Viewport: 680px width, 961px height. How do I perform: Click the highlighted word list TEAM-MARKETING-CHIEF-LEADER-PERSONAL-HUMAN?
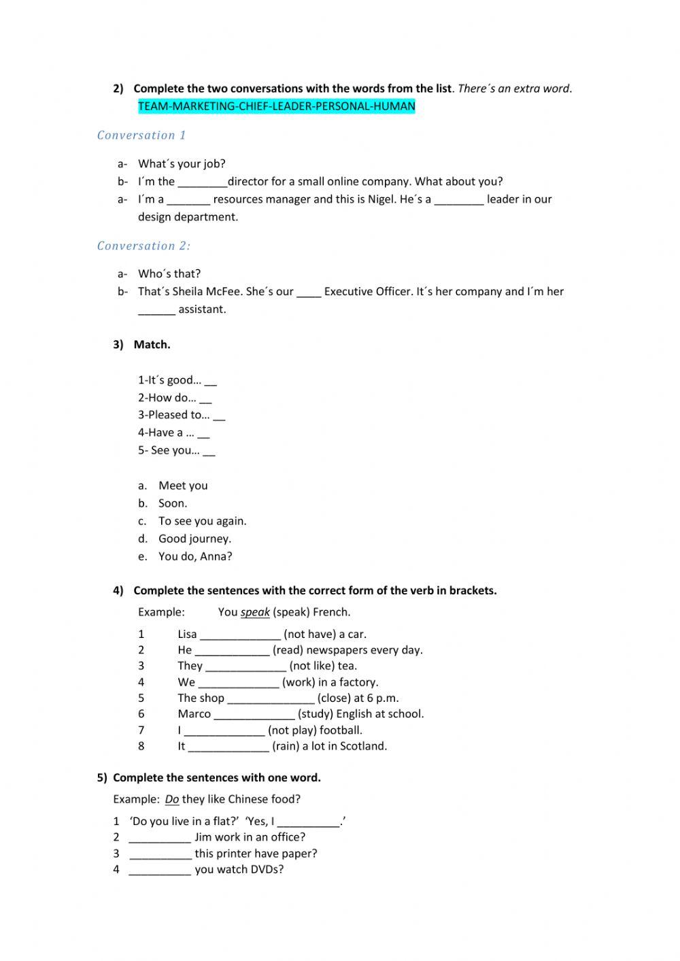276,106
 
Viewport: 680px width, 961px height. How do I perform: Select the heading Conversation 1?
141,135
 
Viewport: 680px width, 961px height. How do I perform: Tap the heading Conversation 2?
143,246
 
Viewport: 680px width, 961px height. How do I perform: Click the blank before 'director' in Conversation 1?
202,182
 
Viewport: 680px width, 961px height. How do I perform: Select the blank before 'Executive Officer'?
309,292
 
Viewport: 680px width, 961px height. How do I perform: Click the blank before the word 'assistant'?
156,309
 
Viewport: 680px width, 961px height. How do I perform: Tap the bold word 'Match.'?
152,344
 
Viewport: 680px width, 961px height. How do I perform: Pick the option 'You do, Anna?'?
195,556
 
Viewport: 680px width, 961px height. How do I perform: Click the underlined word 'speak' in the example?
255,612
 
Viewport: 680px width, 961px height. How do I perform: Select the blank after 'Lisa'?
240,635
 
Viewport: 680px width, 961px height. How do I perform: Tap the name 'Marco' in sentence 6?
194,714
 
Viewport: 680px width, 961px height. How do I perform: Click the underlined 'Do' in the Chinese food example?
172,799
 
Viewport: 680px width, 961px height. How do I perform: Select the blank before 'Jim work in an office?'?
160,837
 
